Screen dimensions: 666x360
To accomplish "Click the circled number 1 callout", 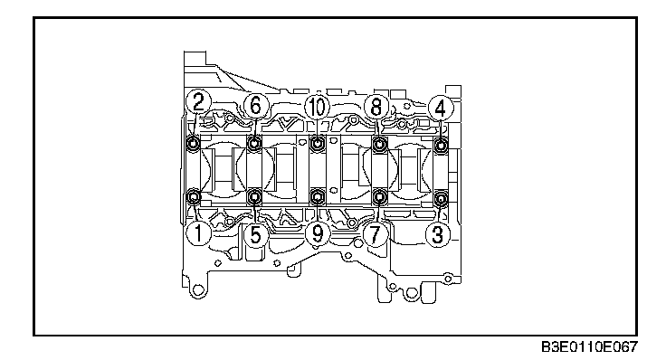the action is (x=198, y=234).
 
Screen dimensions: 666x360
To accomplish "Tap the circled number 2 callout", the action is (x=198, y=101).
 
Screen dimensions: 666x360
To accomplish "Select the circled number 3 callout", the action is (x=438, y=234).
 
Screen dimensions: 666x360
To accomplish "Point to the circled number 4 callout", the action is (x=441, y=108).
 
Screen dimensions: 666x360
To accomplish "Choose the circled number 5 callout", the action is (x=256, y=234).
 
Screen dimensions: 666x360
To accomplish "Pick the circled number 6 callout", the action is (x=256, y=105).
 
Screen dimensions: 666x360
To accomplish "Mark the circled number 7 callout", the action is (x=375, y=234).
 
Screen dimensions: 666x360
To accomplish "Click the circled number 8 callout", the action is (x=376, y=106).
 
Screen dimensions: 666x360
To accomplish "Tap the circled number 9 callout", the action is (x=318, y=233).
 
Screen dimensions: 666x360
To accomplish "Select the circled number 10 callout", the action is (x=318, y=106).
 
